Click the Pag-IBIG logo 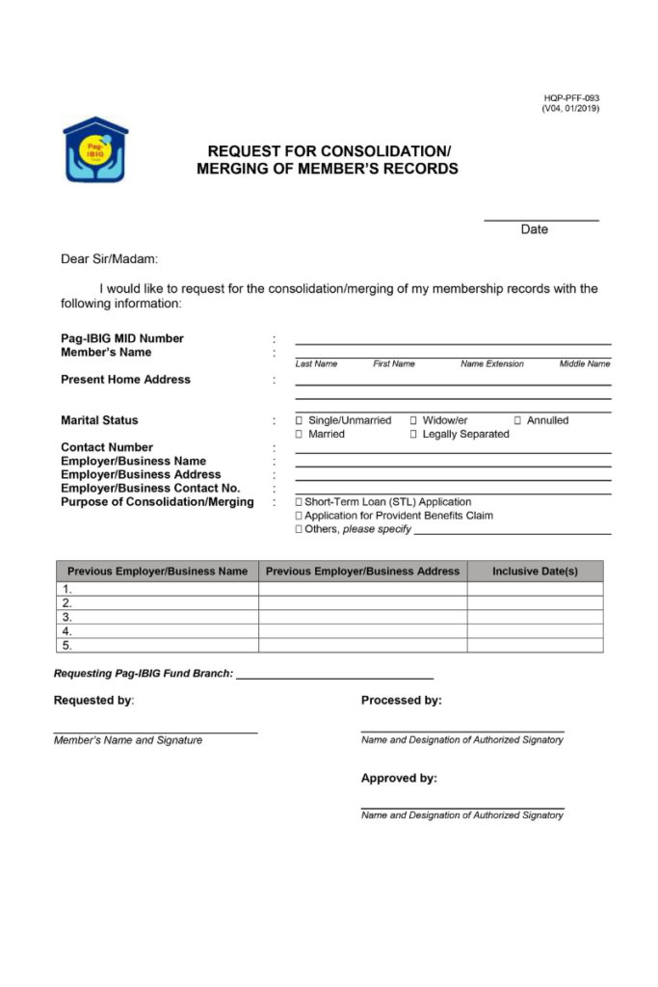[x=95, y=150]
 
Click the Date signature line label [x=534, y=229]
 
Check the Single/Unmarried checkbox [x=300, y=420]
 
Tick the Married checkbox [x=300, y=435]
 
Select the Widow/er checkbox [x=413, y=420]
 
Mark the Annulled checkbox [x=517, y=420]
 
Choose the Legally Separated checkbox [x=413, y=435]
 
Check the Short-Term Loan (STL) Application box [x=299, y=502]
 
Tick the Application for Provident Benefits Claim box [x=299, y=516]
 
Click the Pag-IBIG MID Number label [x=122, y=338]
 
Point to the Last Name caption [x=316, y=364]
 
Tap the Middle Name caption [x=585, y=364]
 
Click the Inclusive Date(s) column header [x=535, y=572]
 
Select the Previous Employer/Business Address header [x=362, y=572]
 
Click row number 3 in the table [x=67, y=617]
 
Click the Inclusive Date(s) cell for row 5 [x=535, y=646]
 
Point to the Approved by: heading [x=399, y=778]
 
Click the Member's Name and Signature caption [x=128, y=740]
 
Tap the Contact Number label [x=107, y=447]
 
